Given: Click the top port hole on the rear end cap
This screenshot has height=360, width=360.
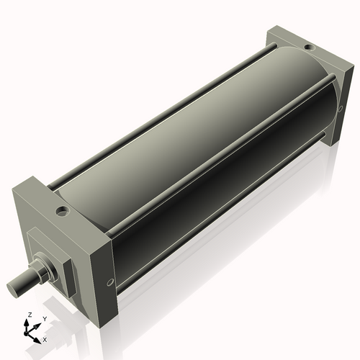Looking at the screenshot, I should click(x=309, y=48).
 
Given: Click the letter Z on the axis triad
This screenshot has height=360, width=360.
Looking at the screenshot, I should click(x=30, y=315).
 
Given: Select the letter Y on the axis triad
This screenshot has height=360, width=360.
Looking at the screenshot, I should click(x=44, y=318).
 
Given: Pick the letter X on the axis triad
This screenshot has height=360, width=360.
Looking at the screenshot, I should click(x=45, y=338).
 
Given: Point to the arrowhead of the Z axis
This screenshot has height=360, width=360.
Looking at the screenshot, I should click(x=30, y=322).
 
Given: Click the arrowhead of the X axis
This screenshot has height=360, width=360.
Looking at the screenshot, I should click(x=39, y=336).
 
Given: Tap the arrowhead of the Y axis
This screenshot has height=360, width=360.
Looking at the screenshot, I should click(x=38, y=323).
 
